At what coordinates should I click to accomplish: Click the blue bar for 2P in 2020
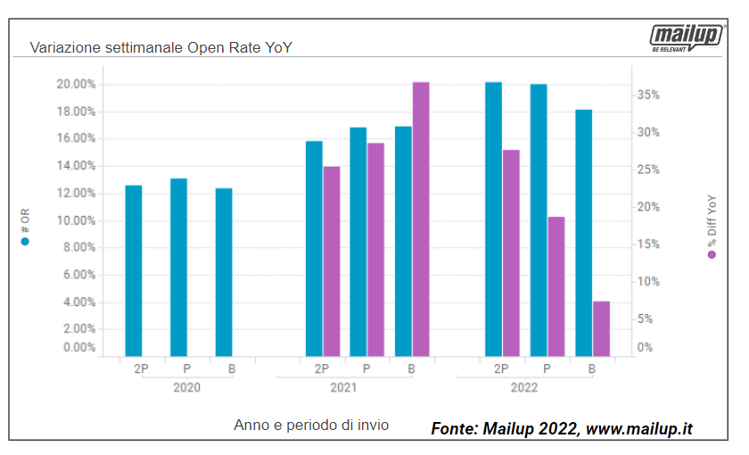click(134, 270)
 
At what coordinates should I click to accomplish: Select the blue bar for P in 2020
click(178, 267)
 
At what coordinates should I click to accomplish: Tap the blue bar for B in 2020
click(224, 272)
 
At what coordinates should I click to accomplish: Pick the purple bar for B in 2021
click(421, 219)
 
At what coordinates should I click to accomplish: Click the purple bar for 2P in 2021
click(332, 261)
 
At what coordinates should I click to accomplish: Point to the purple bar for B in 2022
click(601, 328)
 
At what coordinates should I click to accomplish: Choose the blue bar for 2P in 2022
click(493, 219)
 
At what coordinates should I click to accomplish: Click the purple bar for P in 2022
click(556, 285)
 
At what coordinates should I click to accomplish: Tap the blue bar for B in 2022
click(583, 232)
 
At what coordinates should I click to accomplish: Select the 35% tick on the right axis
click(648, 95)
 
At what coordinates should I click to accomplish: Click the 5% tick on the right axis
click(646, 318)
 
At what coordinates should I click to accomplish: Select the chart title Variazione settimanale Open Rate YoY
click(161, 46)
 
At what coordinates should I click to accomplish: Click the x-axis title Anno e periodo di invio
click(311, 425)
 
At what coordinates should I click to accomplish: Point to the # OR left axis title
click(26, 227)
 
